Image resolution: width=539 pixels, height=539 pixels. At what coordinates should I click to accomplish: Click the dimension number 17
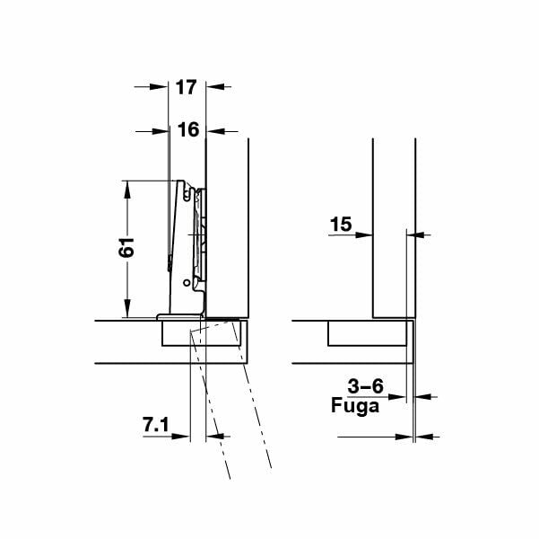[187, 87]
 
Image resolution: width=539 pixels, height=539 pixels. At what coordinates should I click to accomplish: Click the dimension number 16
[187, 130]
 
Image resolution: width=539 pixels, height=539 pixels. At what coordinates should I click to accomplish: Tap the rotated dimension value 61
[127, 248]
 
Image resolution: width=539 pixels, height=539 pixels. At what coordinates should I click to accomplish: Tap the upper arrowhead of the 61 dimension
[128, 186]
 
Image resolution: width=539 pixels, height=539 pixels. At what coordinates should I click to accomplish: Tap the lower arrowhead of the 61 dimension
[128, 312]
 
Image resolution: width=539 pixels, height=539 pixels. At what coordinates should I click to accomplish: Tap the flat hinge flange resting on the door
[178, 316]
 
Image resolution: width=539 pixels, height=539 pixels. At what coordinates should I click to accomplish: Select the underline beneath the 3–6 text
[365, 396]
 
